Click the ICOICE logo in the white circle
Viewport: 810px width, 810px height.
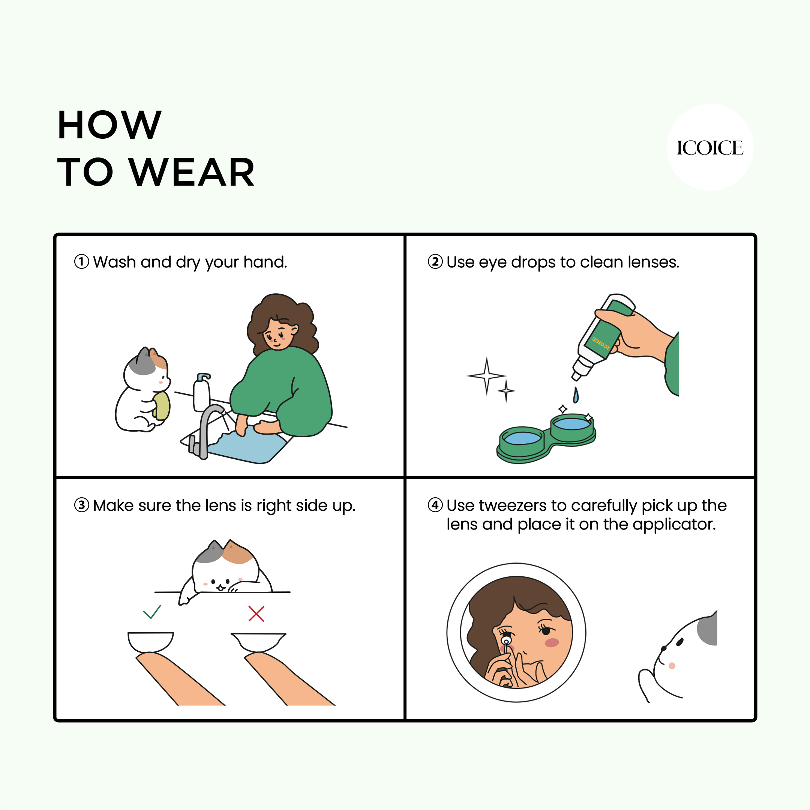pyautogui.click(x=710, y=148)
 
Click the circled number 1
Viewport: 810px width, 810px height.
pyautogui.click(x=82, y=262)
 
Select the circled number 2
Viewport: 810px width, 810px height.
pyautogui.click(x=435, y=262)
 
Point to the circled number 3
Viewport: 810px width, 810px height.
pyautogui.click(x=82, y=505)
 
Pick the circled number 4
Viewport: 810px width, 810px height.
pyautogui.click(x=435, y=505)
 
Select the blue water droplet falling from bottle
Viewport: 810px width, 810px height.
pyautogui.click(x=576, y=395)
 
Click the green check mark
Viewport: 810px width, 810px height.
pyautogui.click(x=152, y=612)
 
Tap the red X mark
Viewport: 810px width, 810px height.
pyautogui.click(x=256, y=613)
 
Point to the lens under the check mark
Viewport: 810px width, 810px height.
pyautogui.click(x=150, y=642)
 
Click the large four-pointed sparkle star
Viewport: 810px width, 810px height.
pyautogui.click(x=486, y=376)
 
